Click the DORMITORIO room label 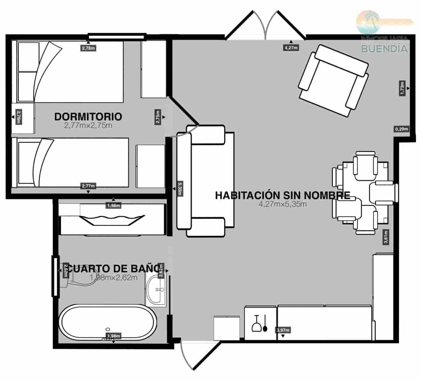coord(88,117)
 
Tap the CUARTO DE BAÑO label coord(113,269)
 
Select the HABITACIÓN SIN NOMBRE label coord(282,195)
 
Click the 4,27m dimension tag coord(291,48)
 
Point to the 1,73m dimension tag coord(402,88)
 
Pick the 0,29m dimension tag coord(401,129)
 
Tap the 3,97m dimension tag coord(283,330)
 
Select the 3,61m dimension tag coord(386,237)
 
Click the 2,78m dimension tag coord(88,48)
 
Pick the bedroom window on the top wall coord(117,36)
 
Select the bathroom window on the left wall coord(55,277)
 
